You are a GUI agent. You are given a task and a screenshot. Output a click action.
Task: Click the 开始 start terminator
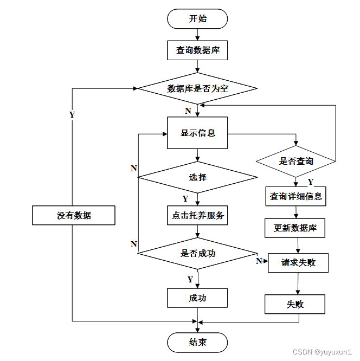[x=197, y=19]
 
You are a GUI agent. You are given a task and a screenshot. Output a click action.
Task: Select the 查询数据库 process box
[x=197, y=50]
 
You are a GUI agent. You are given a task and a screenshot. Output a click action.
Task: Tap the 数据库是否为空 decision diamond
[x=197, y=88]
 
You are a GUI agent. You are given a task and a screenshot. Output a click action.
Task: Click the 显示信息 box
[x=197, y=133]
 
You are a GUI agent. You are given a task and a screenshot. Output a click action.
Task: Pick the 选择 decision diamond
[x=197, y=177]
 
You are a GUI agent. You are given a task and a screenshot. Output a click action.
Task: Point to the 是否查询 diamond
[x=296, y=162]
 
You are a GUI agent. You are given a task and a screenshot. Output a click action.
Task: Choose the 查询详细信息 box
[x=295, y=196]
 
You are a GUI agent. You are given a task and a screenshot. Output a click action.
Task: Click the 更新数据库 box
[x=295, y=228]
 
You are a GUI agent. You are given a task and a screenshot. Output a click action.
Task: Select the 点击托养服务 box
[x=197, y=215]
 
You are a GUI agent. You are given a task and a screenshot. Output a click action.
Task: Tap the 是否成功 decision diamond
[x=197, y=254]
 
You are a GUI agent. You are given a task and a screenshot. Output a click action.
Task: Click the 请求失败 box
[x=298, y=263]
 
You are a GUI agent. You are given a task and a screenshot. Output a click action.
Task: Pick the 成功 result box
[x=197, y=298]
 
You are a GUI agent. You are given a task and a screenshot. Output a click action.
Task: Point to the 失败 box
[x=295, y=304]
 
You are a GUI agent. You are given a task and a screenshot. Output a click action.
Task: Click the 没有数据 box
[x=74, y=215]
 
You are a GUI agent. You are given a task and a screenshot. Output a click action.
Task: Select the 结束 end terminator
[x=197, y=343]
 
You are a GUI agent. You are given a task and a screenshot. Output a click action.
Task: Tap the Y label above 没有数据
[x=72, y=115]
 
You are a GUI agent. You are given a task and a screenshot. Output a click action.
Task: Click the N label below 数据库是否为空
[x=188, y=111]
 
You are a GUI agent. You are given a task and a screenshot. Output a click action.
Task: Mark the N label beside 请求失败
[x=259, y=261]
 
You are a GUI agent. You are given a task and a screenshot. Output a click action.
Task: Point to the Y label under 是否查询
[x=311, y=182]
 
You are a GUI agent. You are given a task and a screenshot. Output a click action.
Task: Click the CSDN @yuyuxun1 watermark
[x=322, y=352]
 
